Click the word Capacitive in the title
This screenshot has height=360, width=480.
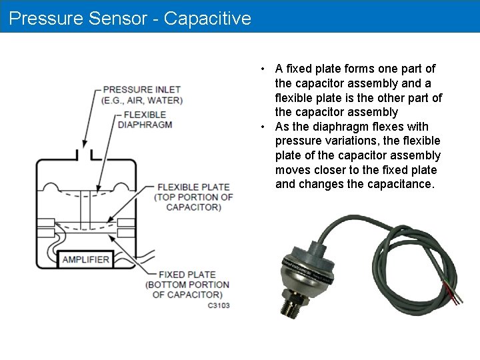207,18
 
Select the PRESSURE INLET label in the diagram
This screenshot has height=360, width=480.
142,89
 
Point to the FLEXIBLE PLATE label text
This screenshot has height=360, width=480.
193,187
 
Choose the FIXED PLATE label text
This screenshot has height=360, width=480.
187,274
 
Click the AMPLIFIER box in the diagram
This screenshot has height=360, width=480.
85,259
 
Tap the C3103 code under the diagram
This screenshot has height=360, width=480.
219,305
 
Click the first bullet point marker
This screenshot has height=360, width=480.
265,69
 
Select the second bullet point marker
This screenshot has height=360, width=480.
265,127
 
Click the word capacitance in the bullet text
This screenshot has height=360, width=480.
400,184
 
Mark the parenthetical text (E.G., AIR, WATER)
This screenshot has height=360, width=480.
142,101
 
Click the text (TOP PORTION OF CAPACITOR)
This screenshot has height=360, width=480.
193,202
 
